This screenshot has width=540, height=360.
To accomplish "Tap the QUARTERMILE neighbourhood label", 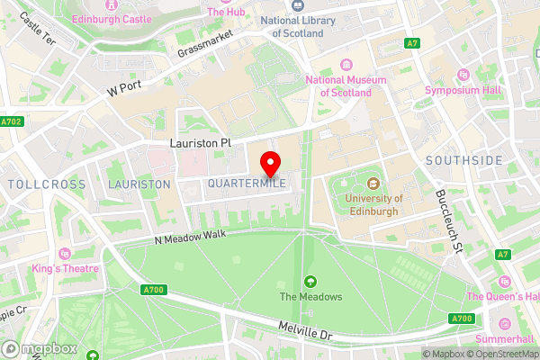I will coord(247,184).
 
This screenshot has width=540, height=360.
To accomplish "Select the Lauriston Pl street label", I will coord(200,143).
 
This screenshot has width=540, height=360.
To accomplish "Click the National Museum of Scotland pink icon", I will coord(346,64).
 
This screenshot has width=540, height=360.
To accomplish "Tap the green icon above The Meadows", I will coord(310,282).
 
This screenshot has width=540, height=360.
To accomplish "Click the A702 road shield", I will coord(12,121).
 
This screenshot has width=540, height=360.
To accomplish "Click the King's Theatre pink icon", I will coord(64,252).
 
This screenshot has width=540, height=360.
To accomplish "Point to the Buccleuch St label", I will coord(448,220).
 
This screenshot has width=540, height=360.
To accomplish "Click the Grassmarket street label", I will coord(205,42).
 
